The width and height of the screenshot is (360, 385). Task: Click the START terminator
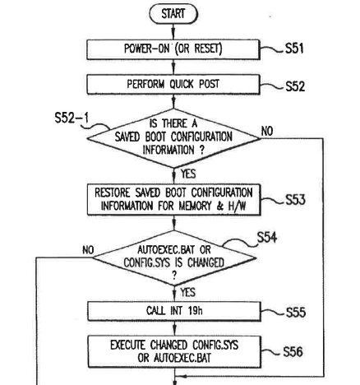[x=173, y=14]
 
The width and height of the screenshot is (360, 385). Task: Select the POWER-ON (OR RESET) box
[x=173, y=49]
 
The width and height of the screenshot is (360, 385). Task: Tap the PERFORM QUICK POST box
[x=173, y=85]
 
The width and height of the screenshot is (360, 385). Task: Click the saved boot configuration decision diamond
[x=173, y=138]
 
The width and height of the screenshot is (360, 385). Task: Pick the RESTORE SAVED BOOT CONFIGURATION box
[x=174, y=199]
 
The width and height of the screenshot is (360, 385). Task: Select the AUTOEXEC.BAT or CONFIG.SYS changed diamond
[x=174, y=257]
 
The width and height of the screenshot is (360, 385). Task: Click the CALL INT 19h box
[x=174, y=311]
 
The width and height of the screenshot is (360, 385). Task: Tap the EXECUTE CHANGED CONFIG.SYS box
[x=174, y=351]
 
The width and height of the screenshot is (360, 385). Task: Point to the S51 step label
[x=294, y=49]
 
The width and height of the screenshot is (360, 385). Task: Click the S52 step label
[x=295, y=86]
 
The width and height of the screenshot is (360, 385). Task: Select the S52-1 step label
[x=72, y=118]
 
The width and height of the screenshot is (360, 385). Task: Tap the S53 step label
[x=295, y=199]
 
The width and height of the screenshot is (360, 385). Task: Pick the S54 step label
[x=267, y=238]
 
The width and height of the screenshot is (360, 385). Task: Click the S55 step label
[x=296, y=313]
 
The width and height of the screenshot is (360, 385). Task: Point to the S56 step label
[x=293, y=352]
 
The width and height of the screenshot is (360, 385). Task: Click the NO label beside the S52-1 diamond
[x=267, y=131]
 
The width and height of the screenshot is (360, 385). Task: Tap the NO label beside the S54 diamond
[x=88, y=250]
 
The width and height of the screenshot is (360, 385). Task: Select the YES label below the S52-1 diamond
[x=188, y=174]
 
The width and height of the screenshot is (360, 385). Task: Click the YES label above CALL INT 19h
[x=188, y=292]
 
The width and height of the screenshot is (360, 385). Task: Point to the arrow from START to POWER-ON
[x=173, y=32]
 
